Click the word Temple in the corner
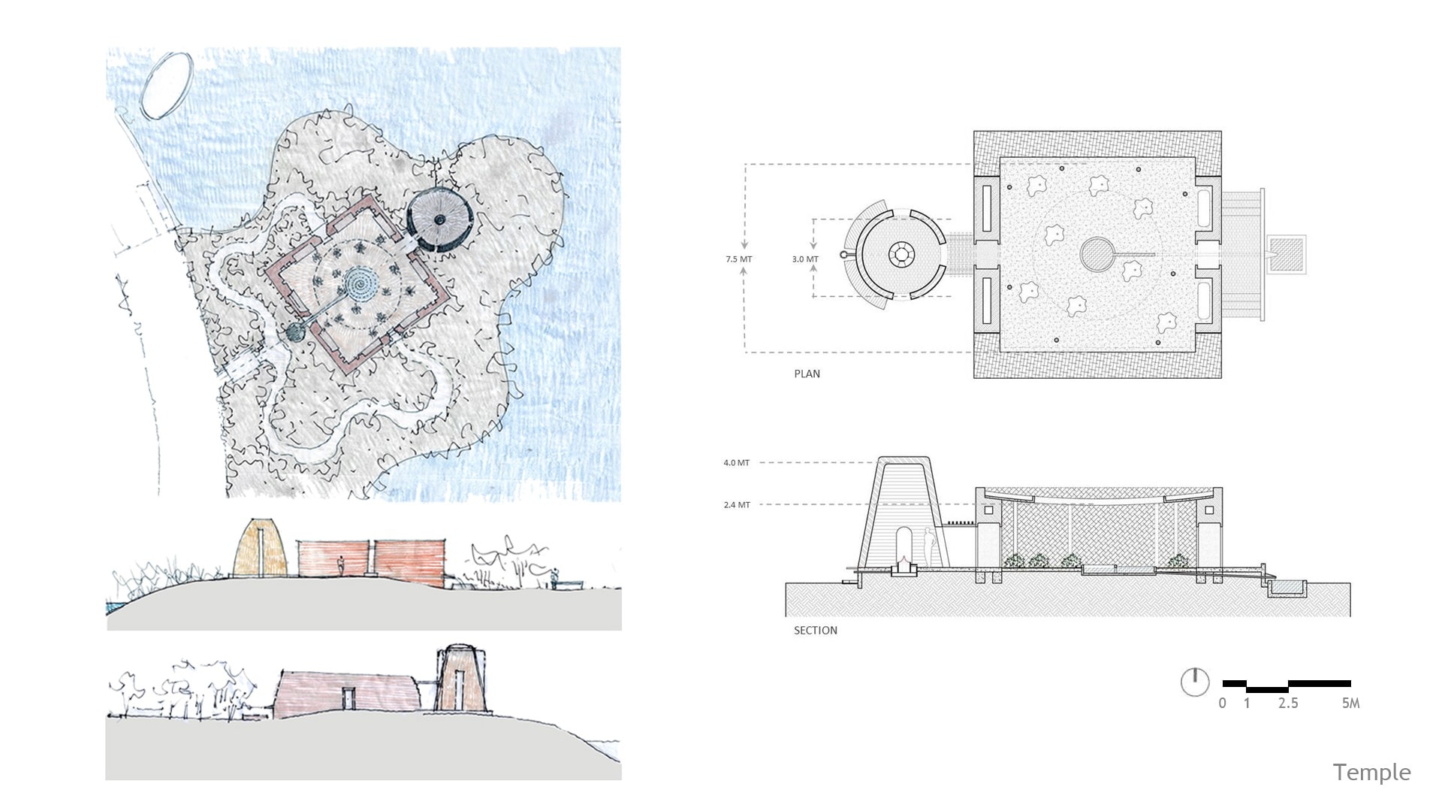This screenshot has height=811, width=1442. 1371,773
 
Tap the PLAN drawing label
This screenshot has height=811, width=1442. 807,374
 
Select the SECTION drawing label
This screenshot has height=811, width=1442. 815,631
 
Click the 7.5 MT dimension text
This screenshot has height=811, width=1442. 738,259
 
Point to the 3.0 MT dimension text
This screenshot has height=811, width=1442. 805,259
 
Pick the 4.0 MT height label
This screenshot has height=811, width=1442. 736,463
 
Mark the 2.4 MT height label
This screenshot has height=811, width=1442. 736,505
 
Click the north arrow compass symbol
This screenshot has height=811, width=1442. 1195,682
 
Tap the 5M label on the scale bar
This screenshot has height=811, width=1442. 1350,704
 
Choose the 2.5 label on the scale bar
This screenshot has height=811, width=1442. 1288,704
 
